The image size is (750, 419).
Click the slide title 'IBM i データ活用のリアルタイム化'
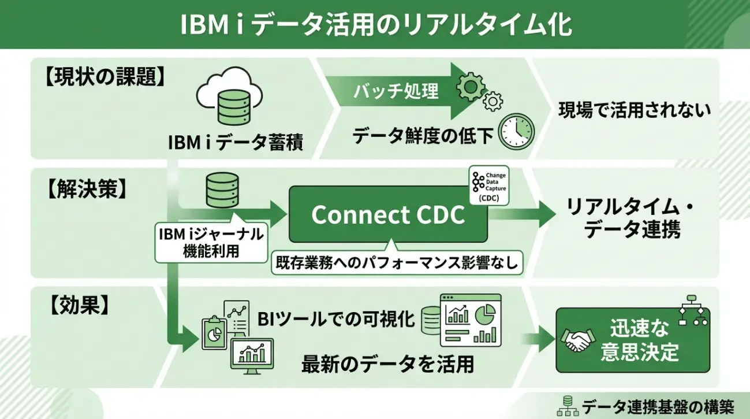(x=375, y=24)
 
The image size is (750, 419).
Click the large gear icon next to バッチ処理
(x=471, y=87)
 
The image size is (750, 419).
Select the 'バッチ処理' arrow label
(x=396, y=91)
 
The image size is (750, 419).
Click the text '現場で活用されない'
(x=634, y=110)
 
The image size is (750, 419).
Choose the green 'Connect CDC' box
(x=388, y=215)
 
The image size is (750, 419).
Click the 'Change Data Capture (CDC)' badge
(x=488, y=187)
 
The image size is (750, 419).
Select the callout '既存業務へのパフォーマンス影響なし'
(x=397, y=263)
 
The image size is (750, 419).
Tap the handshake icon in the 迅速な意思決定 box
(x=577, y=340)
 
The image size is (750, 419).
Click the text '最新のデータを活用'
(x=387, y=364)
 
